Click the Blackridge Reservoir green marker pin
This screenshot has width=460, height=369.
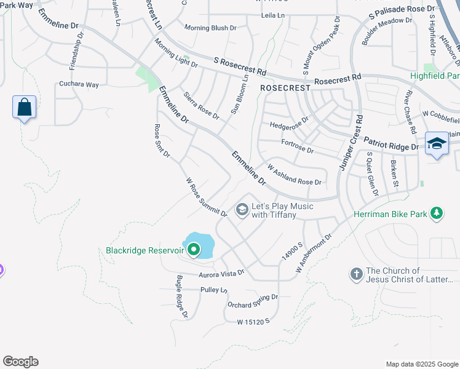click(x=194, y=250)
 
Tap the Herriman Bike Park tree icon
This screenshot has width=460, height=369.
click(x=437, y=213)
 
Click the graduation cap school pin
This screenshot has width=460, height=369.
click(x=437, y=143)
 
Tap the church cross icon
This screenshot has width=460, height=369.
click(x=356, y=274)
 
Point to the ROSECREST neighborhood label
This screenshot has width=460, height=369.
click(x=285, y=88)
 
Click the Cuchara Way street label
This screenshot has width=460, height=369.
click(x=79, y=84)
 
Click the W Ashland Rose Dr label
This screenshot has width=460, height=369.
click(x=294, y=175)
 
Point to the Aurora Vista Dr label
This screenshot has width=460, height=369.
click(x=221, y=272)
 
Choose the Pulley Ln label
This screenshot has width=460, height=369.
click(x=213, y=290)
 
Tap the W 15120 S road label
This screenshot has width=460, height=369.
click(x=253, y=321)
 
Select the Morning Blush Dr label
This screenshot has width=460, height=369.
click(x=211, y=28)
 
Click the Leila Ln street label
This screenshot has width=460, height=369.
click(x=274, y=15)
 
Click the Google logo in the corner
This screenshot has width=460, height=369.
click(x=20, y=362)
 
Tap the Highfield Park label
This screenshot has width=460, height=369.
click(x=435, y=76)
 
